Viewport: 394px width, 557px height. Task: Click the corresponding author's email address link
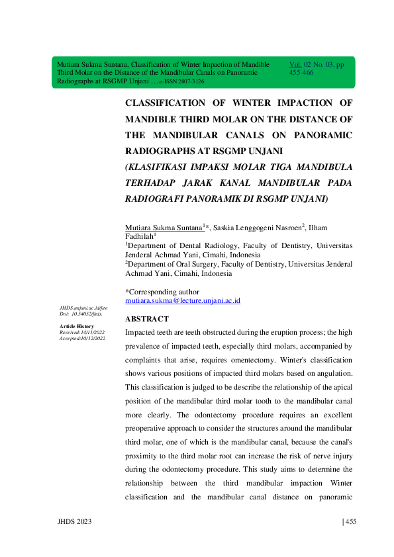click(183, 300)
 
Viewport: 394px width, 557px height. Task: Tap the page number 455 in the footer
click(350, 523)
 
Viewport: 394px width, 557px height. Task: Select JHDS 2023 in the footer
click(74, 523)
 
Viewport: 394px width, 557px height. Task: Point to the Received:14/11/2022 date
click(82, 333)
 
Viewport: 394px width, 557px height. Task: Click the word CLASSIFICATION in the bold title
click(166, 104)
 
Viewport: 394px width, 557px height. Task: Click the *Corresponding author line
click(162, 292)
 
